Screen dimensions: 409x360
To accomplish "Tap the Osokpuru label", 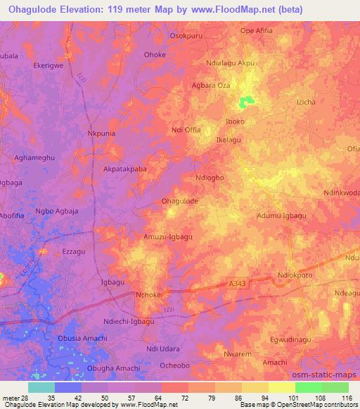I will pyautogui.click(x=187, y=35).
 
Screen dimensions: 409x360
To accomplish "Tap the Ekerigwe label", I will pyautogui.click(x=49, y=65).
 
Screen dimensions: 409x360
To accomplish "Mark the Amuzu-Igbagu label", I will pyautogui.click(x=168, y=237).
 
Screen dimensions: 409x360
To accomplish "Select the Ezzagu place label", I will pyautogui.click(x=73, y=251).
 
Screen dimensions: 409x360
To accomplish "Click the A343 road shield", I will pyautogui.click(x=238, y=283).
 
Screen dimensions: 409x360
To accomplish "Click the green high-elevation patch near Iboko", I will pyautogui.click(x=246, y=103).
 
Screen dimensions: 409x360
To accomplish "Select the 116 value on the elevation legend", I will pyautogui.click(x=347, y=398).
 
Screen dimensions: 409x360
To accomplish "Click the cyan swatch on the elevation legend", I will pyautogui.click(x=41, y=387).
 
